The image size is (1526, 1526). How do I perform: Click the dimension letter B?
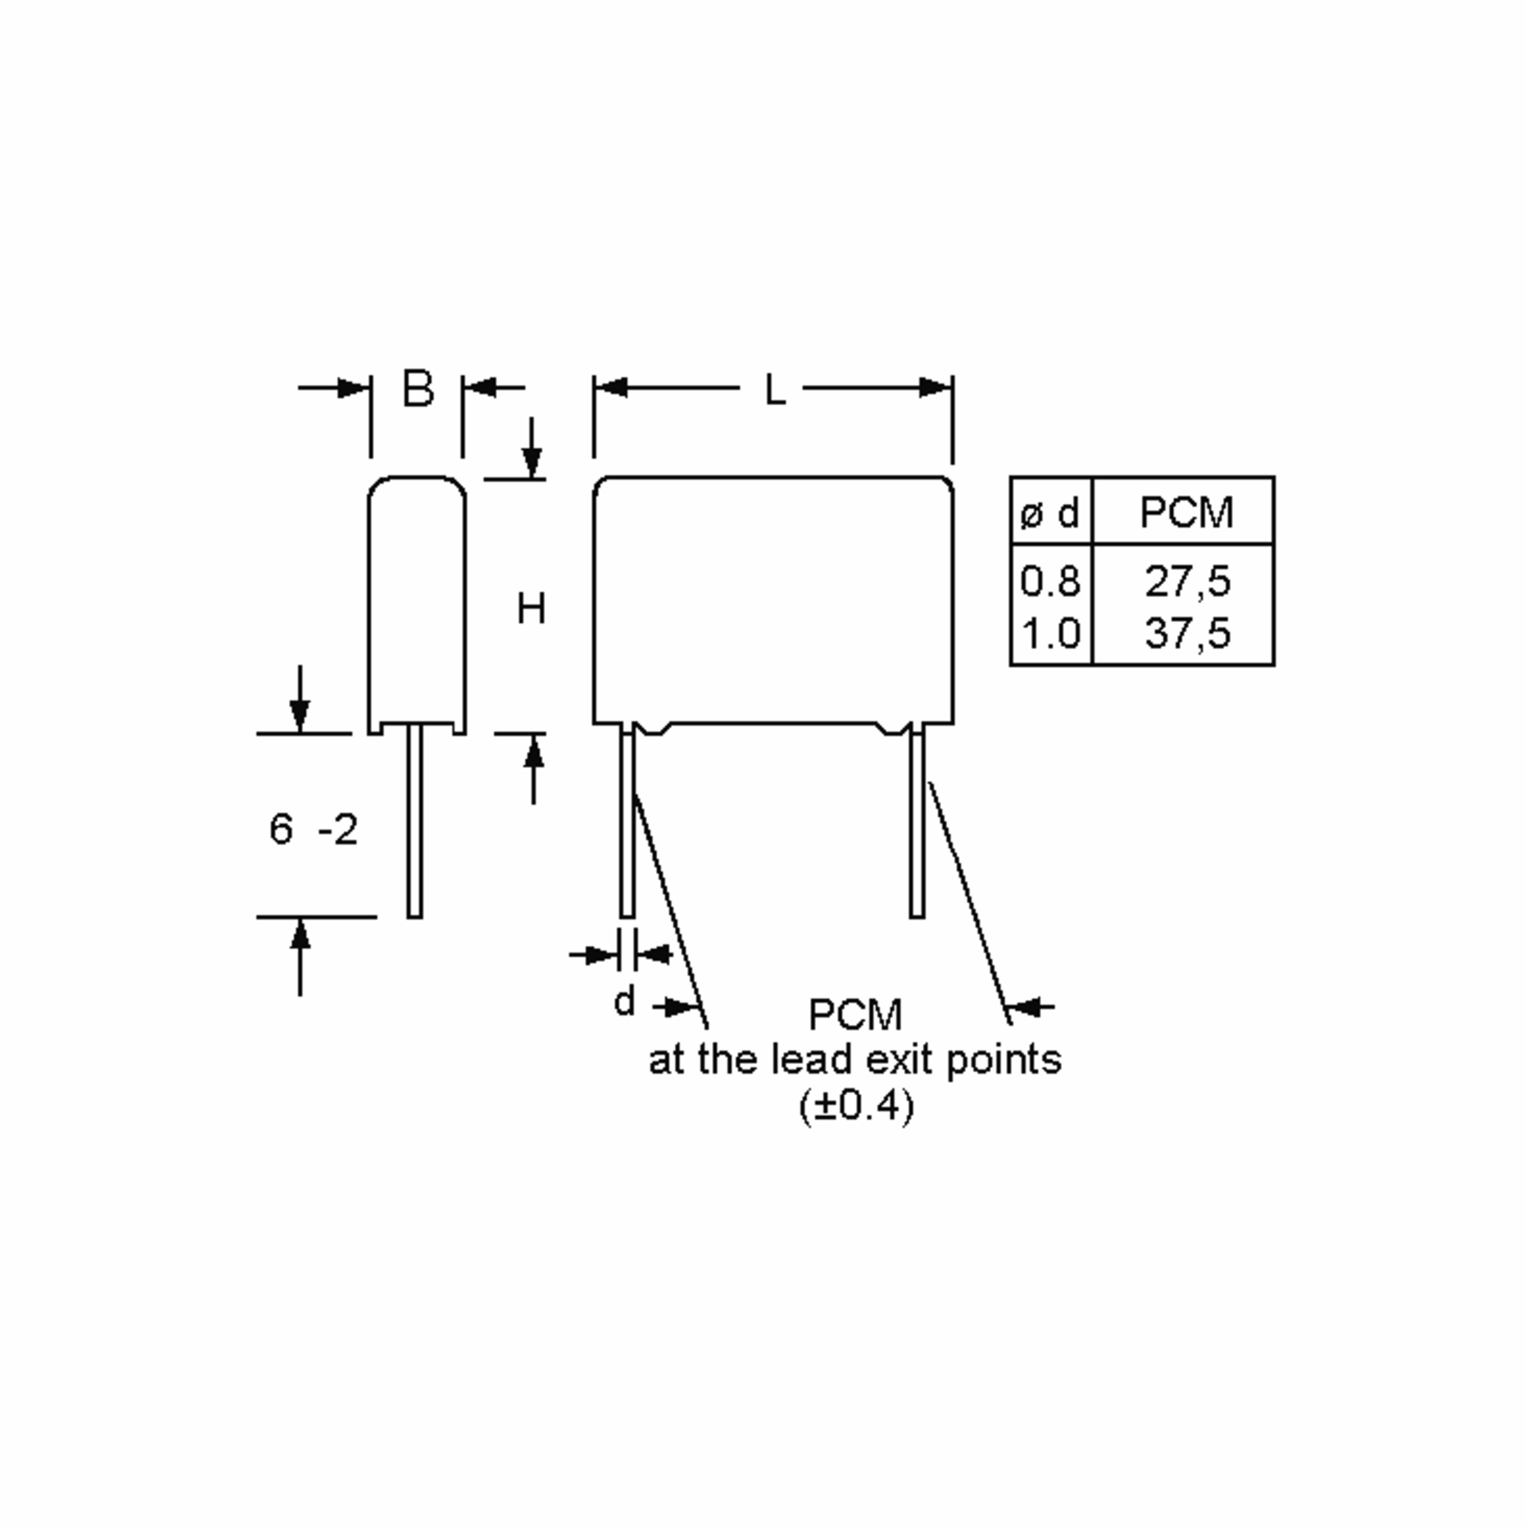pyautogui.click(x=418, y=388)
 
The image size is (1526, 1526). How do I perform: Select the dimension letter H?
pyautogui.click(x=531, y=609)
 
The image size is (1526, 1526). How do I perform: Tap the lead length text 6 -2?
pyautogui.click(x=313, y=829)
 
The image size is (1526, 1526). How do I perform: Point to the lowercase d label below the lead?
pyautogui.click(x=624, y=1002)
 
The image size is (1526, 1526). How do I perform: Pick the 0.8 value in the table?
pyautogui.click(x=1050, y=581)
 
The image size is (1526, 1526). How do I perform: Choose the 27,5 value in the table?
pyautogui.click(x=1187, y=581)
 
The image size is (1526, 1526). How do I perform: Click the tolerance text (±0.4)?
pyautogui.click(x=856, y=1106)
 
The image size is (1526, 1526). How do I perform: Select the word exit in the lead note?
pyautogui.click(x=903, y=1060)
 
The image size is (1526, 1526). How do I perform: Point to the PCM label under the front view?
pyautogui.click(x=855, y=1015)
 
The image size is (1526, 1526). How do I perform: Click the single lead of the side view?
pyautogui.click(x=415, y=821)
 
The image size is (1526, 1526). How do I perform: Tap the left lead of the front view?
pyautogui.click(x=627, y=821)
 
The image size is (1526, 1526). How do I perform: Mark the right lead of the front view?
pyautogui.click(x=917, y=821)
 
